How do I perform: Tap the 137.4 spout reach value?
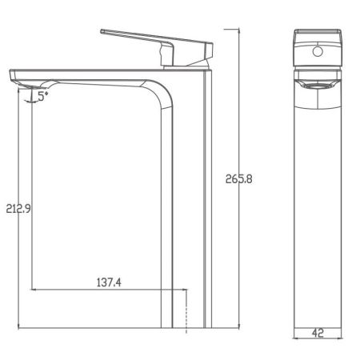(x=110, y=282)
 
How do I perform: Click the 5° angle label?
(x=42, y=94)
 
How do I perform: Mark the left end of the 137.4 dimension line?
(x=30, y=289)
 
